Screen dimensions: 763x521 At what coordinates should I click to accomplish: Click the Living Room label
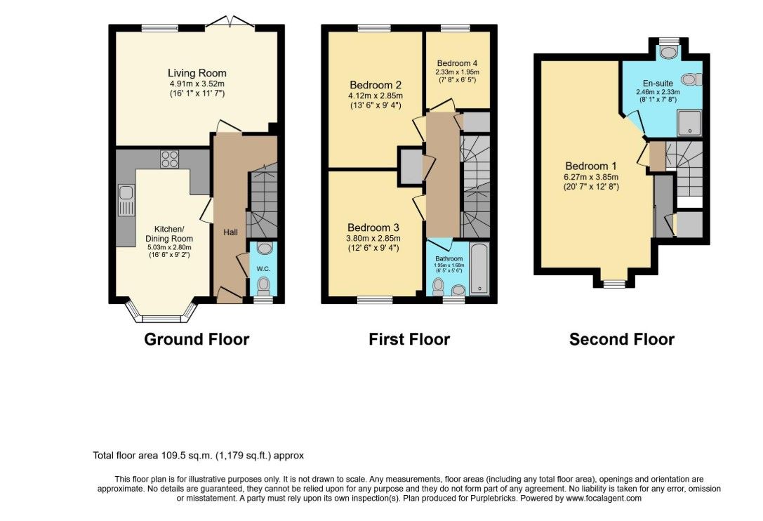pyautogui.click(x=197, y=73)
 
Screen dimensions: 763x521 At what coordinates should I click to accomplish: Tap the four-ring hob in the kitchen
pyautogui.click(x=170, y=159)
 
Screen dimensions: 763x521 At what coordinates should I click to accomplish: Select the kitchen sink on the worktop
pyautogui.click(x=126, y=200)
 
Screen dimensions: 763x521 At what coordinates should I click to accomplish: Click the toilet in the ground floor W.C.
pyautogui.click(x=264, y=285)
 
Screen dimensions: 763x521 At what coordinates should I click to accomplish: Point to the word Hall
pyautogui.click(x=231, y=232)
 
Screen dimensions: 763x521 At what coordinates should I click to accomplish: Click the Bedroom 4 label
pyautogui.click(x=457, y=63)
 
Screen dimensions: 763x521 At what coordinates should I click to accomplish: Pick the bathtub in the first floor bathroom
pyautogui.click(x=479, y=268)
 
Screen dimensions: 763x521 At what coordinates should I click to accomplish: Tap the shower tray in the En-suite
pyautogui.click(x=689, y=122)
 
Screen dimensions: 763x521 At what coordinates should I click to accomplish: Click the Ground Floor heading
pyautogui.click(x=197, y=339)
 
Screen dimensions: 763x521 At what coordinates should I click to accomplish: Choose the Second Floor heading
pyautogui.click(x=622, y=339)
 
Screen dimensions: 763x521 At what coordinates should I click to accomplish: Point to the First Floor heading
pyautogui.click(x=409, y=339)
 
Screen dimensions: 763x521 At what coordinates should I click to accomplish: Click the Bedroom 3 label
pyautogui.click(x=373, y=227)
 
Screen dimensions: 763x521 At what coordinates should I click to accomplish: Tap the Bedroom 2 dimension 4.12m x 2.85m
pyautogui.click(x=376, y=95)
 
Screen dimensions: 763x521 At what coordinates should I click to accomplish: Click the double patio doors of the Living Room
pyautogui.click(x=230, y=23)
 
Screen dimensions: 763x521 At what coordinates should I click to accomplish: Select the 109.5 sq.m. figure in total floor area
pyautogui.click(x=187, y=456)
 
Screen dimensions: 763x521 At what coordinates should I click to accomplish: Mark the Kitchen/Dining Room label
pyautogui.click(x=169, y=234)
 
